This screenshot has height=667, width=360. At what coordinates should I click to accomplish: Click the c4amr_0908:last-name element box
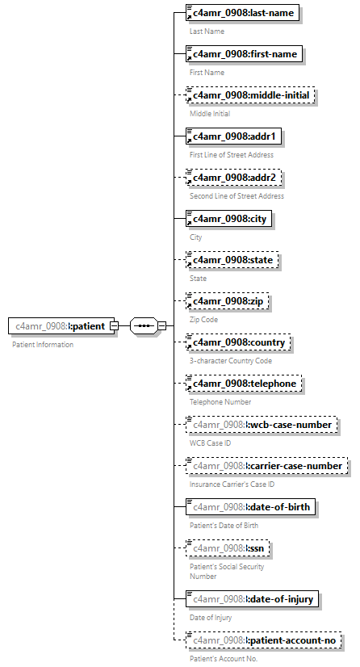coord(241,13)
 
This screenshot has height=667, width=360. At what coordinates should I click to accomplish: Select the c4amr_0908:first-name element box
coord(244,54)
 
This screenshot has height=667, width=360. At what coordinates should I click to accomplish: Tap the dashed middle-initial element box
coord(249,95)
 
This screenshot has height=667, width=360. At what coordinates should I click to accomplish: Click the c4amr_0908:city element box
coord(228,219)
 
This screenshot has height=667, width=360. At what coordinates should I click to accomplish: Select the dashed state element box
coord(232,260)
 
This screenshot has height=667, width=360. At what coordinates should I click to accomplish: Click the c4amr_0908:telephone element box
coord(244,384)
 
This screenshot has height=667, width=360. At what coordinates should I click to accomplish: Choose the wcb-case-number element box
coord(260,425)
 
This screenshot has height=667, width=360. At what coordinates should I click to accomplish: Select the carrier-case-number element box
coord(266,466)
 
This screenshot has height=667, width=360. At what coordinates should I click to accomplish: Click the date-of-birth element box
coord(252,507)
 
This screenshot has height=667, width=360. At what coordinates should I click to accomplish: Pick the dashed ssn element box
coord(228,548)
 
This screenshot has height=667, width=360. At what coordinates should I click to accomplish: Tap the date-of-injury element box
coord(253,598)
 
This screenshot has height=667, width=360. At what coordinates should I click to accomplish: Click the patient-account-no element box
coord(262,640)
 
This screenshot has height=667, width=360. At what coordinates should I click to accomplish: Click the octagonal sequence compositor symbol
coord(144,325)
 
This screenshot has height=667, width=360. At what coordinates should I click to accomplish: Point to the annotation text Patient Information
coord(43,345)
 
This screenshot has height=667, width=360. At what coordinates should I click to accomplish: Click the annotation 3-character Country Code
coord(231,361)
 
